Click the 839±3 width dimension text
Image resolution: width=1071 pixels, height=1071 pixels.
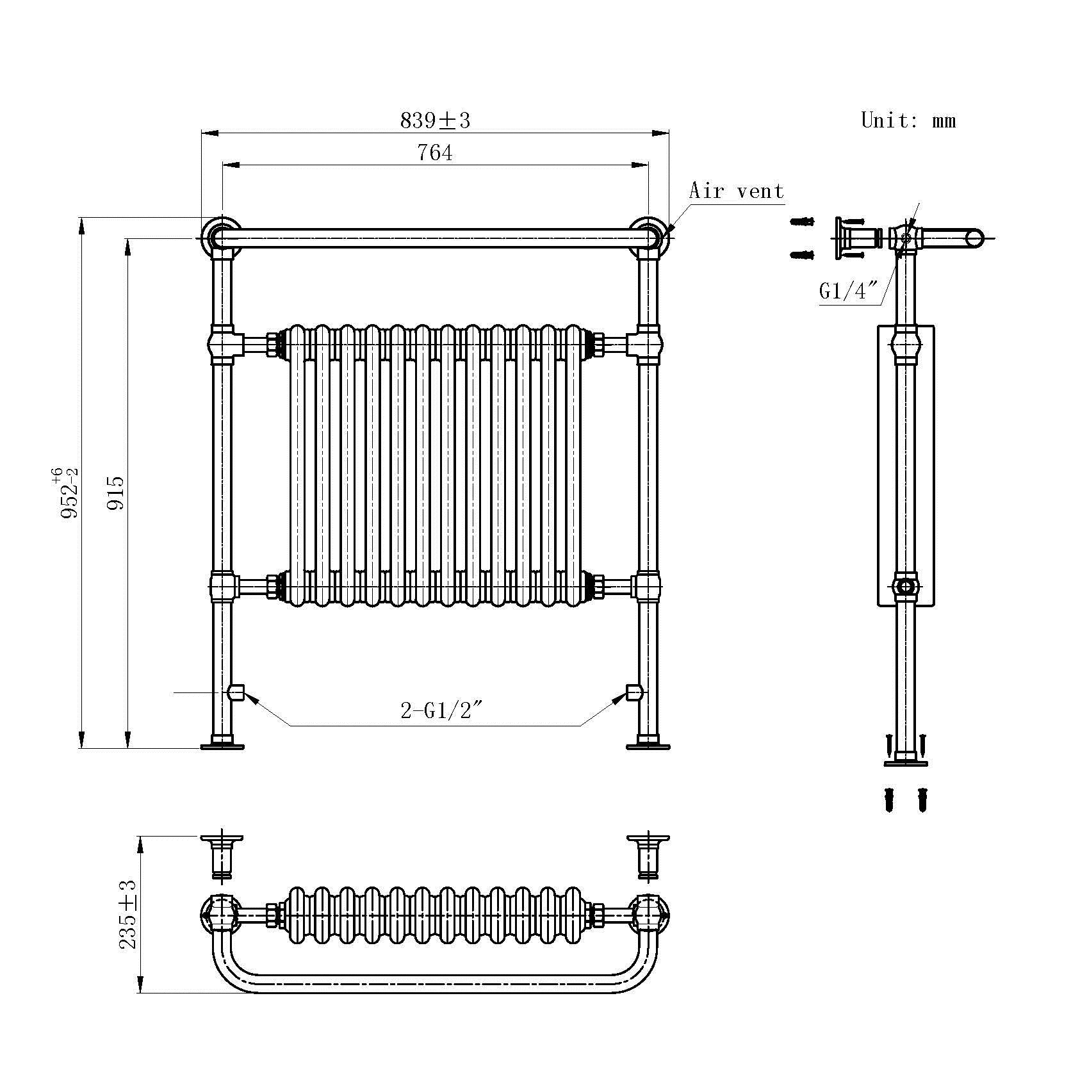tap(435, 120)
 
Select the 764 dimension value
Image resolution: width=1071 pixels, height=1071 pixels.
tap(434, 153)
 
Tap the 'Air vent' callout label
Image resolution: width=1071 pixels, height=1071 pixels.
tap(736, 191)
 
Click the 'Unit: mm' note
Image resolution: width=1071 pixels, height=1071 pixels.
tap(908, 120)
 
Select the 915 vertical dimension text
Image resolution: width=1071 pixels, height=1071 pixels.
tap(116, 493)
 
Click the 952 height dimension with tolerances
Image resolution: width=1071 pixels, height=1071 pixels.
tap(67, 493)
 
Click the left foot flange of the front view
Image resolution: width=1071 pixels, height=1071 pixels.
tap(222, 746)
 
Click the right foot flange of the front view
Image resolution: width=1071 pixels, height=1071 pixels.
tap(648, 746)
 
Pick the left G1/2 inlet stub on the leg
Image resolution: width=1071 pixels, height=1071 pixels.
tap(236, 692)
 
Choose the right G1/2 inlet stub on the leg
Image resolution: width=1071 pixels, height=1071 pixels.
tap(634, 692)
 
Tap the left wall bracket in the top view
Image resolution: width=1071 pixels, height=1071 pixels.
tap(222, 856)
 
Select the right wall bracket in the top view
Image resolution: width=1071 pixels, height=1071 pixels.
tap(648, 856)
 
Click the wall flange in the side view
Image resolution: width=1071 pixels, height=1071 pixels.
tap(841, 238)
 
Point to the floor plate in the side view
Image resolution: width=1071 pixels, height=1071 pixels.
tap(906, 763)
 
